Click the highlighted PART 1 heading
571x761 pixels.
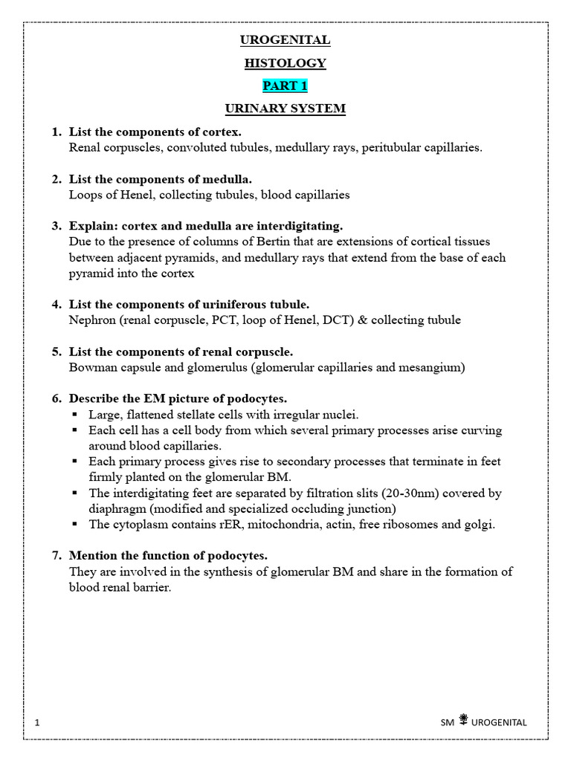pyautogui.click(x=285, y=85)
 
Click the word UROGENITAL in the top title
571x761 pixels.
pyautogui.click(x=285, y=40)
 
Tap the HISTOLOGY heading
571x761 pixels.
pyautogui.click(x=285, y=63)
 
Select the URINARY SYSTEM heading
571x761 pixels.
pyautogui.click(x=285, y=109)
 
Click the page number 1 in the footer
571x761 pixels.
pyautogui.click(x=37, y=722)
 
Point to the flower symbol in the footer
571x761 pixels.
pyautogui.click(x=463, y=719)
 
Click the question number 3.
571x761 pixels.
pyautogui.click(x=56, y=226)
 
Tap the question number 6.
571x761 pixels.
pyautogui.click(x=56, y=399)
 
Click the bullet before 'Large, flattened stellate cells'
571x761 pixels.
pyautogui.click(x=74, y=415)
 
